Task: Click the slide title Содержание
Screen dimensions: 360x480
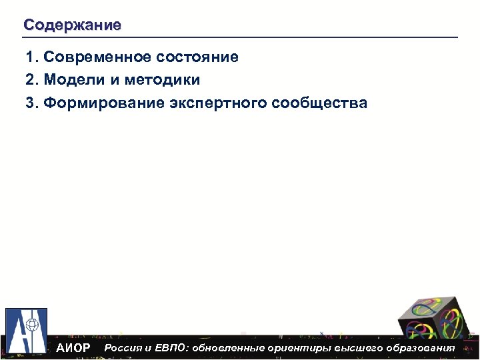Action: (72, 25)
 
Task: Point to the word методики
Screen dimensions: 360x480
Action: (162, 80)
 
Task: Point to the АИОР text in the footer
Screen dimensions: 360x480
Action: (73, 349)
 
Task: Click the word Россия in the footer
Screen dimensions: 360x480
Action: (123, 348)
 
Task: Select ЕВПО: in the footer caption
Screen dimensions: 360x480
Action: (171, 348)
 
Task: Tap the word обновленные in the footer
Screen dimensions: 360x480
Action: (227, 348)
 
